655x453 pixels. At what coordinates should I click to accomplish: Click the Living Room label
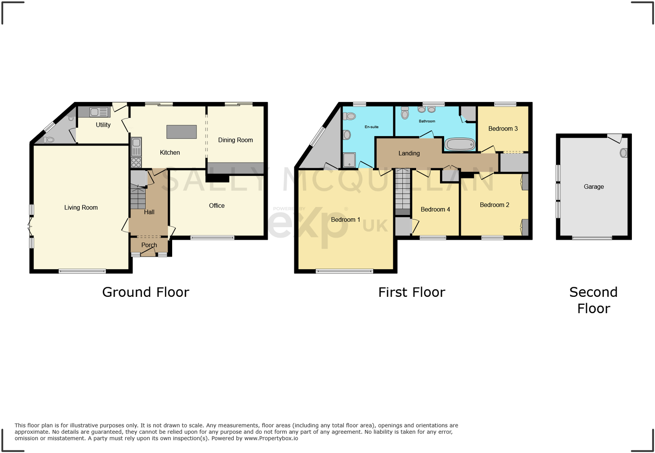point(81,207)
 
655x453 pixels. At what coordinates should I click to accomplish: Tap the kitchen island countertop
point(181,132)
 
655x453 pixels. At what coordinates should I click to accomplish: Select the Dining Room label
point(235,140)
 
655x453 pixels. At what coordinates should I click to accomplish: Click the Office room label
point(217,206)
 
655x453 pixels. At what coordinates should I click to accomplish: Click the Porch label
point(149,245)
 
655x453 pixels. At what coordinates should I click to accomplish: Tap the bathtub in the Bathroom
point(460,144)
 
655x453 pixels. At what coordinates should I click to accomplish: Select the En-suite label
point(371,127)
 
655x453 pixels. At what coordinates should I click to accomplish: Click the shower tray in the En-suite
point(349,160)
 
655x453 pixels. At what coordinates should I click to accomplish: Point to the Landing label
point(409,153)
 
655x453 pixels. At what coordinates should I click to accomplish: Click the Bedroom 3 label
point(503,129)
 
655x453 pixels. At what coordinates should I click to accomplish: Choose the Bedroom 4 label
point(435,209)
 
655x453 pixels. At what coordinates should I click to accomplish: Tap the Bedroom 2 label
point(494,205)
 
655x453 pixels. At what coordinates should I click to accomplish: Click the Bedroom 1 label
point(345,220)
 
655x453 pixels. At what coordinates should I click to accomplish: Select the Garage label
point(593,187)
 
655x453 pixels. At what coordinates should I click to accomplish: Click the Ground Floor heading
point(146,292)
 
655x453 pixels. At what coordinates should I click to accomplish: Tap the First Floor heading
point(411,292)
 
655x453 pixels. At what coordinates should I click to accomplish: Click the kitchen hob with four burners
point(136,162)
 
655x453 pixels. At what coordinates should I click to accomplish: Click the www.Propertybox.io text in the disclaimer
point(271,438)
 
